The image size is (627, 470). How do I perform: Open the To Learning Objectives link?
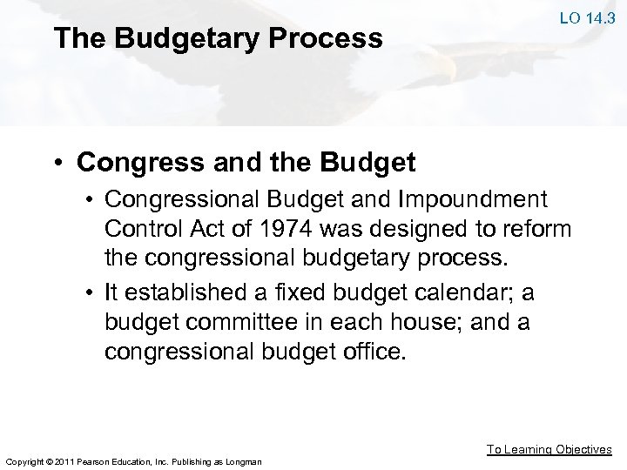549,449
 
